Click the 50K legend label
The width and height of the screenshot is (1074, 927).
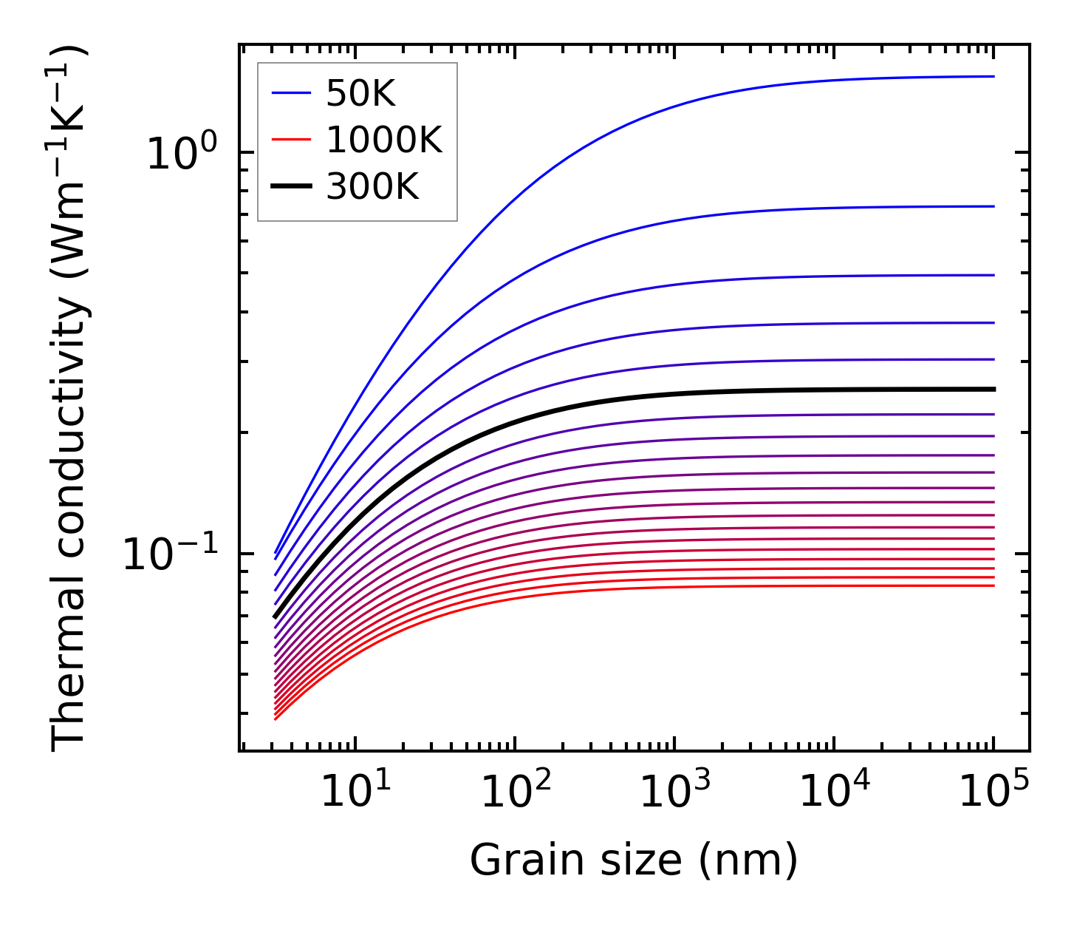pyautogui.click(x=360, y=93)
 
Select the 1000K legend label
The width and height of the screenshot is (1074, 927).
pyautogui.click(x=384, y=140)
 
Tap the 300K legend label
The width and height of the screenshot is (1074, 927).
pyautogui.click(x=372, y=188)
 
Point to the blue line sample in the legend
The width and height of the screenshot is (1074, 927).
pyautogui.click(x=291, y=93)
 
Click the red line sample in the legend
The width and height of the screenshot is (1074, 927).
pyautogui.click(x=291, y=140)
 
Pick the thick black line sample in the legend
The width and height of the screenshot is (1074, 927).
pyautogui.click(x=291, y=188)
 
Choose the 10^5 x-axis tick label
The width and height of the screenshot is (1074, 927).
pyautogui.click(x=993, y=792)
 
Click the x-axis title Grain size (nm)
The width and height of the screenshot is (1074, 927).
pyautogui.click(x=634, y=860)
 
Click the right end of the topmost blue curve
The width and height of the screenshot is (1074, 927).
pyautogui.click(x=993, y=76)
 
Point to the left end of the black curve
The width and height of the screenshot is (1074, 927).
pyautogui.click(x=276, y=616)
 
